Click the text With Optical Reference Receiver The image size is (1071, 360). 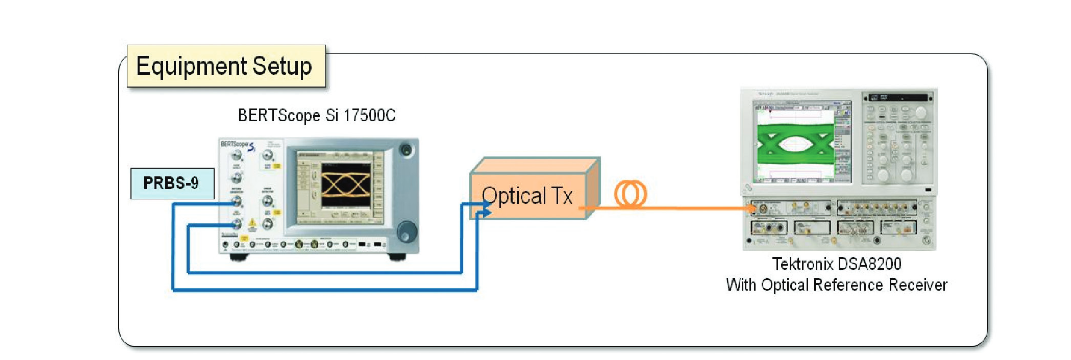click(x=836, y=286)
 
